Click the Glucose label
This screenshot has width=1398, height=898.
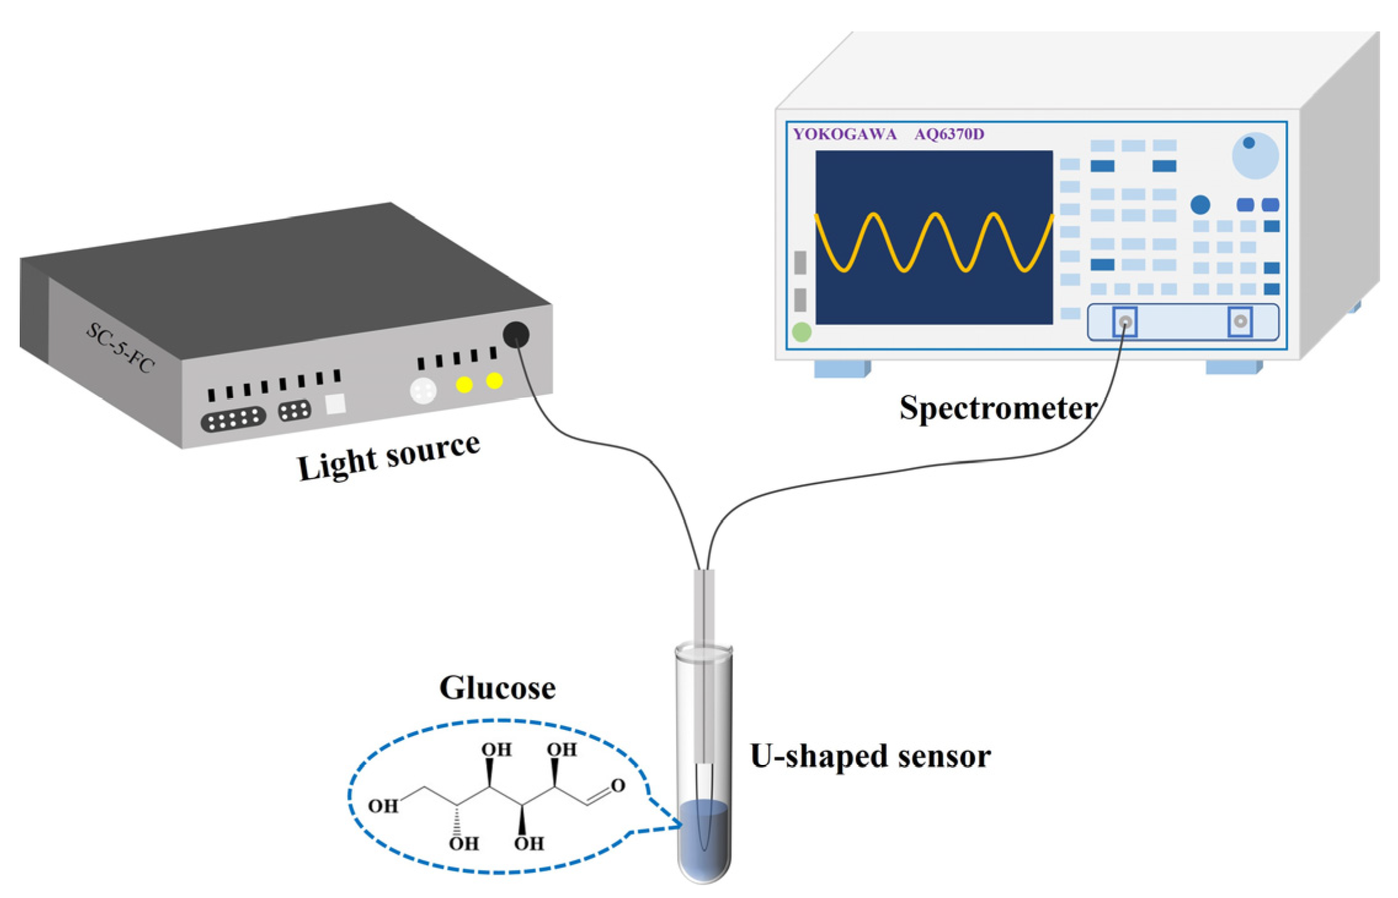coord(497,688)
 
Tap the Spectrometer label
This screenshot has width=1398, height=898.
coord(997,408)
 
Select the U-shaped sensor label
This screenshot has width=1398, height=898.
coord(870,756)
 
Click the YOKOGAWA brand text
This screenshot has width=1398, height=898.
coord(844,134)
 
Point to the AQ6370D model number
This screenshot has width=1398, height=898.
coord(949,134)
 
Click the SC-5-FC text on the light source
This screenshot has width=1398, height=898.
coord(120,348)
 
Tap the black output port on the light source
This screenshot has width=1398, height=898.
coord(516,334)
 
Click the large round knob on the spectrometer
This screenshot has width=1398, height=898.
coord(1255,155)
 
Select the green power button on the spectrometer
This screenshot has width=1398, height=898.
coord(801,333)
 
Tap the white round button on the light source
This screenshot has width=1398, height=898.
coord(423,390)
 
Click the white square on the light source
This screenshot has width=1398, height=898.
coord(335,403)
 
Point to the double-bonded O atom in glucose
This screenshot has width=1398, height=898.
coord(618,785)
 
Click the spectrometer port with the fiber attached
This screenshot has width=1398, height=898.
coord(1125,322)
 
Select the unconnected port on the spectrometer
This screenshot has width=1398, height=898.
coord(1240,322)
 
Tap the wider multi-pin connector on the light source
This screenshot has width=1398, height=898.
coord(233,419)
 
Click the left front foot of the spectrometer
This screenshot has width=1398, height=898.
coord(842,368)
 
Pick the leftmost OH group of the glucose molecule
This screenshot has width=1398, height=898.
coord(383,806)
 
